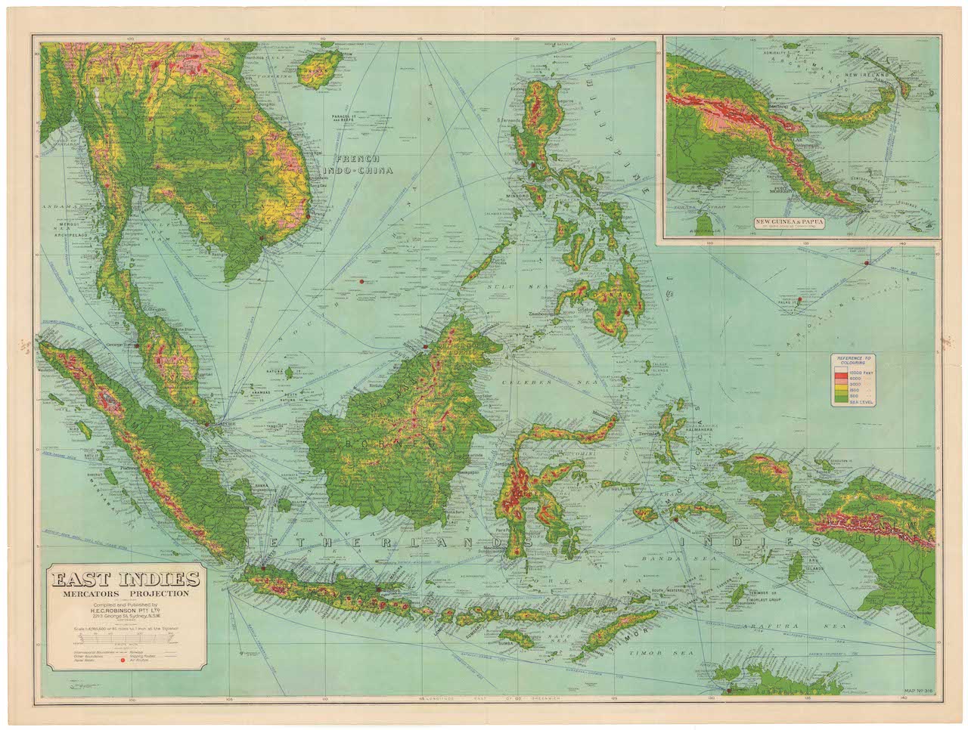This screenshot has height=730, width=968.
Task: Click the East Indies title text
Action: coord(126,580)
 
